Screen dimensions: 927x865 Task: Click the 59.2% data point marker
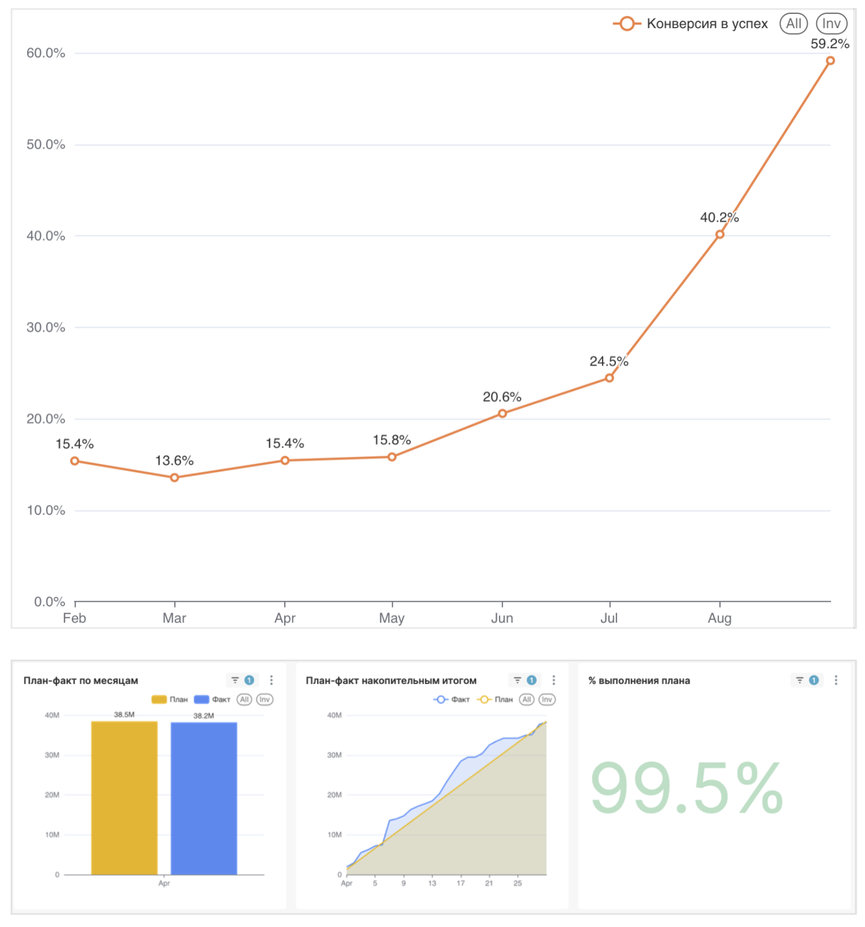click(830, 61)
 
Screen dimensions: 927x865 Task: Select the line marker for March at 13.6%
click(174, 477)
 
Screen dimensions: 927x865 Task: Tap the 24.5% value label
click(608, 361)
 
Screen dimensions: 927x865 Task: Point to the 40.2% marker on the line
click(719, 234)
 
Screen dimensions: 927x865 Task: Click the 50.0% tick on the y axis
click(46, 145)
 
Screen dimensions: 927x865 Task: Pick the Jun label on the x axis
click(502, 618)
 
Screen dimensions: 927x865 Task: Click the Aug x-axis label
click(719, 618)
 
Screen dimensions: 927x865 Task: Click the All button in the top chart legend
click(793, 24)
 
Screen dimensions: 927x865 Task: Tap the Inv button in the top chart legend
click(831, 24)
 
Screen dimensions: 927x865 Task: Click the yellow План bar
click(124, 797)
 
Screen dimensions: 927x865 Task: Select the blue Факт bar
click(203, 797)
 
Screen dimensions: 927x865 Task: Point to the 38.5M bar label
click(124, 714)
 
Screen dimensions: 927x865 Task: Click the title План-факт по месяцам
click(81, 680)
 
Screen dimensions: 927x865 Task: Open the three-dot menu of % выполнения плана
click(836, 680)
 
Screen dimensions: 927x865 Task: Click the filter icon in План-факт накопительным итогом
click(517, 680)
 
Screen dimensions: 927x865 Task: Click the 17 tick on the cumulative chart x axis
click(461, 883)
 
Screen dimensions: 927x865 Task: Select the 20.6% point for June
click(502, 413)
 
